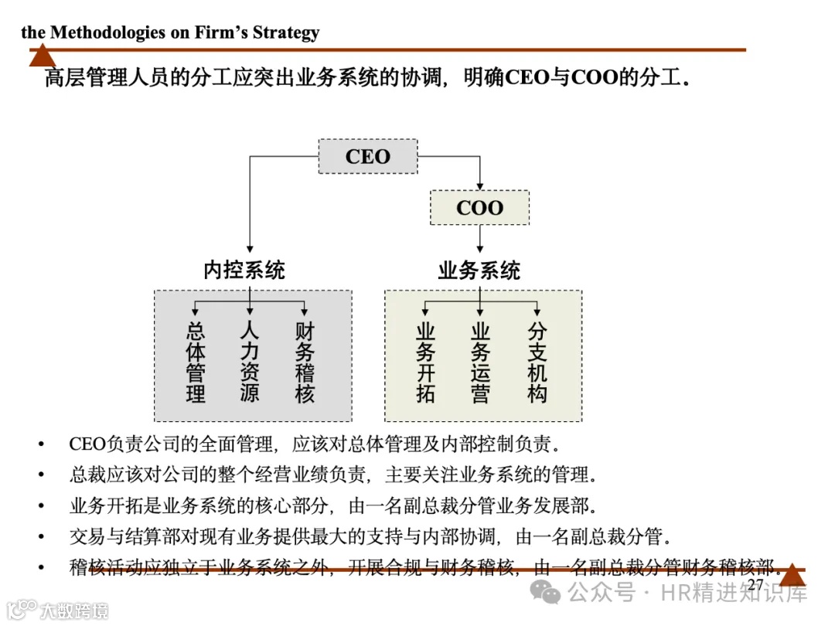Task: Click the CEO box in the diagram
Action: point(368,157)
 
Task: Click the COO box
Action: point(479,208)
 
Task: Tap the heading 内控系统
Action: point(244,270)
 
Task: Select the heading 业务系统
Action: point(479,270)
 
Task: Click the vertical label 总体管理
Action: point(196,363)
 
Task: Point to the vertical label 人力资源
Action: point(250,363)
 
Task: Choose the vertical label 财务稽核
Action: point(305,363)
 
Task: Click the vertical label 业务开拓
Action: point(425,363)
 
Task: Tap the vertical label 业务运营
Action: point(480,363)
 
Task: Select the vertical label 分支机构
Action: point(537,363)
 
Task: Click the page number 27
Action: point(755,585)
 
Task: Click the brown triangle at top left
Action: point(43,56)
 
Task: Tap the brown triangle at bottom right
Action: point(792,576)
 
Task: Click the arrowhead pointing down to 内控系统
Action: point(250,247)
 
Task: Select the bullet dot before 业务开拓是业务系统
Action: point(41,506)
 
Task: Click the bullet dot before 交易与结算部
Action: point(41,536)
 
